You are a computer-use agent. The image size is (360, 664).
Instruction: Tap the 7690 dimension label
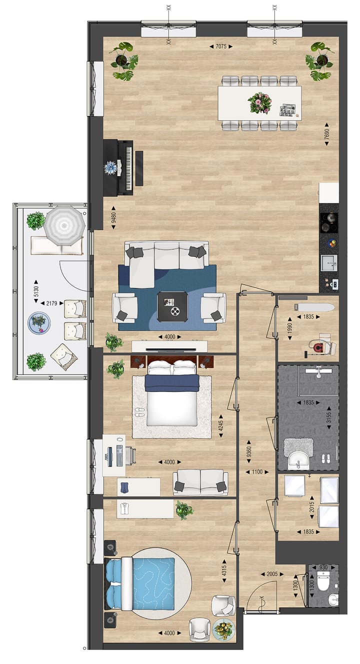tap(327, 134)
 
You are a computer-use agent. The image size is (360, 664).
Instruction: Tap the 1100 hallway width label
tap(257, 471)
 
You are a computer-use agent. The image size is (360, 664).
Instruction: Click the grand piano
tap(118, 167)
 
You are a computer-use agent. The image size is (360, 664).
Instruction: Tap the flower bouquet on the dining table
tap(260, 103)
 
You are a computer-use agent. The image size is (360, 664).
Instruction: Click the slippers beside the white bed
tap(139, 411)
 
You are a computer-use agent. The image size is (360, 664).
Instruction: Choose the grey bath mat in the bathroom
tap(298, 446)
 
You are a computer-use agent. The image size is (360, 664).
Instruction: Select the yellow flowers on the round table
tap(223, 629)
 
